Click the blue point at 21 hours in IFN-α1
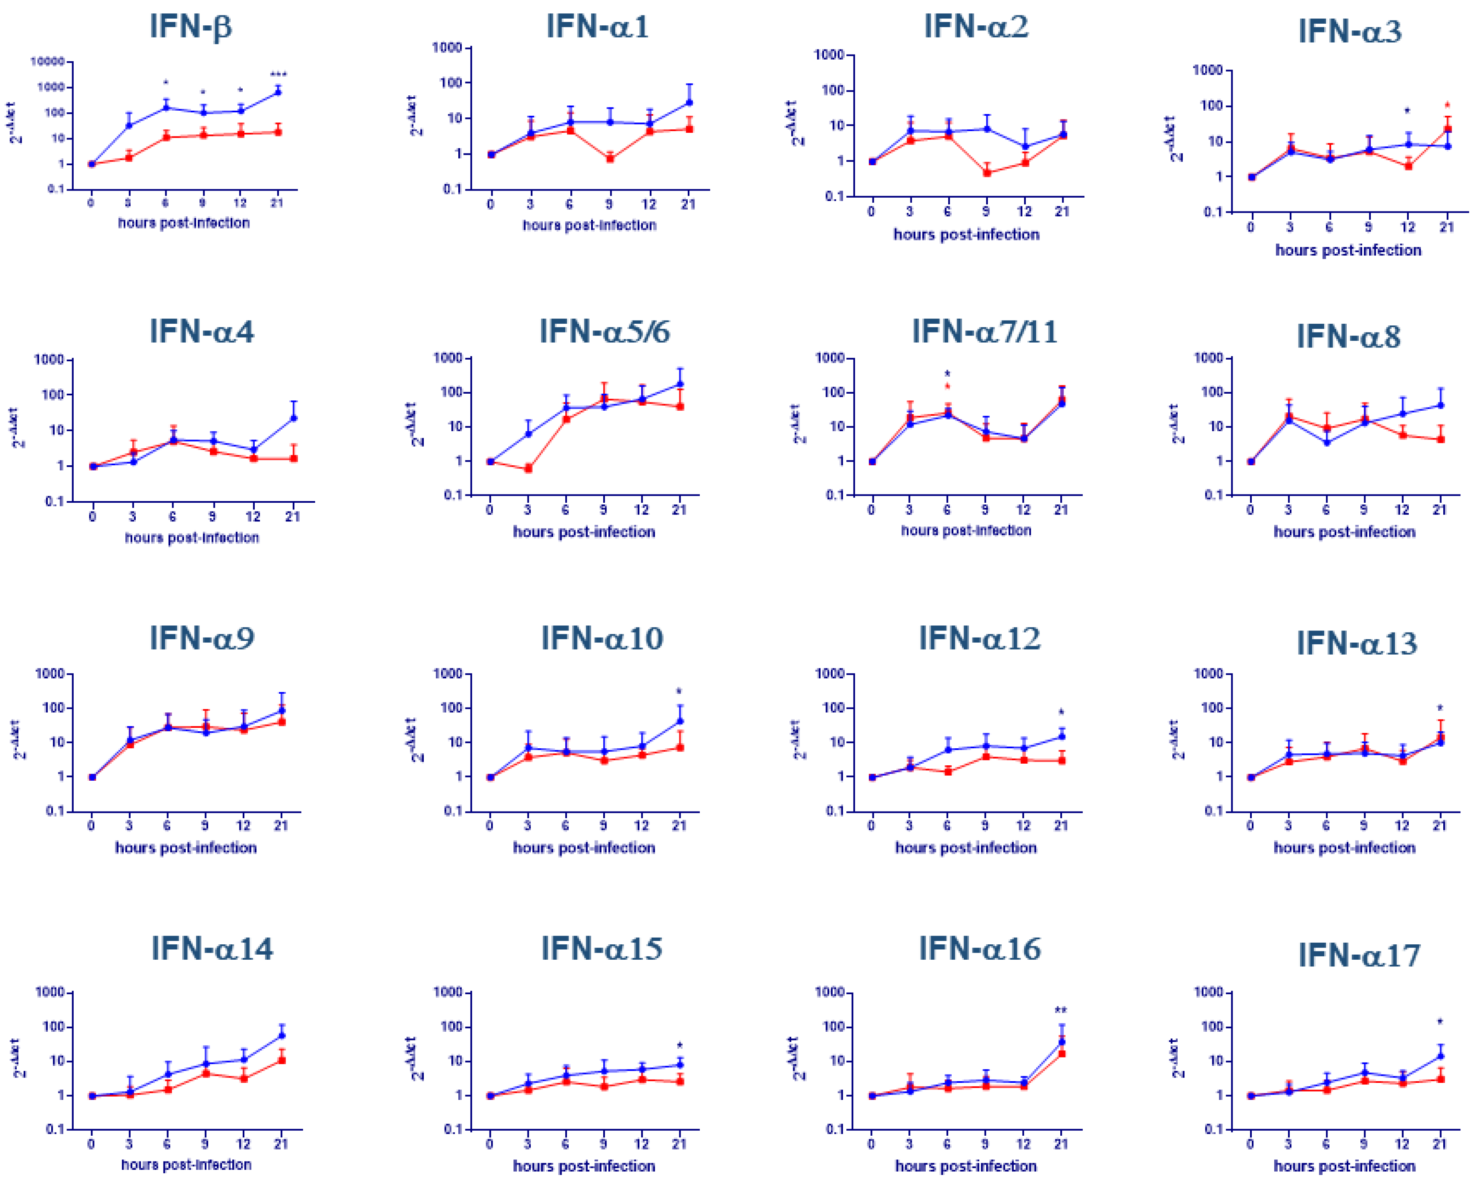(689, 102)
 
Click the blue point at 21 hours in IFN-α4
(293, 418)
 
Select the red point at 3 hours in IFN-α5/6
(528, 469)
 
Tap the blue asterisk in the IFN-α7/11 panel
(947, 374)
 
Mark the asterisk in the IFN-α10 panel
(679, 691)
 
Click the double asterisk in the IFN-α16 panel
(1061, 1010)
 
